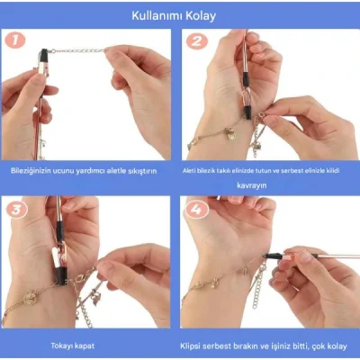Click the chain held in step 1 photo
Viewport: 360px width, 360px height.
tap(81, 51)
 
